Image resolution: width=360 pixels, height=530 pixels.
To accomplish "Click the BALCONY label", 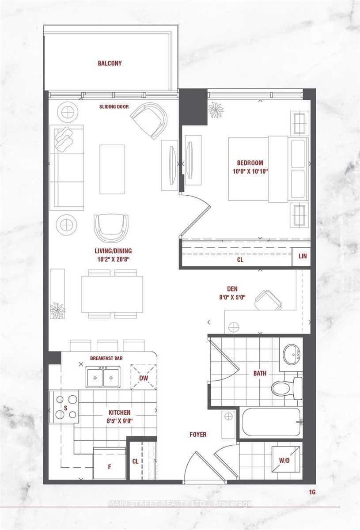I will pos(110,64).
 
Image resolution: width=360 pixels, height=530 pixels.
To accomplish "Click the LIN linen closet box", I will pos(303,257).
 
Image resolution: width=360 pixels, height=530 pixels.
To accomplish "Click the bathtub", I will pos(271,422).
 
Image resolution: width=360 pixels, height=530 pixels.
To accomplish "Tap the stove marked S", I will pos(65,407).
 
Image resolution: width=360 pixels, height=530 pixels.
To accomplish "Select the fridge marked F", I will pos(109,465).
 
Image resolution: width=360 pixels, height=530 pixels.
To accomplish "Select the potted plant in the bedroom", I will pos(216,110).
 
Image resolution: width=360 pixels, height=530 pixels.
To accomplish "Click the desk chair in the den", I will pos(268,300).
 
